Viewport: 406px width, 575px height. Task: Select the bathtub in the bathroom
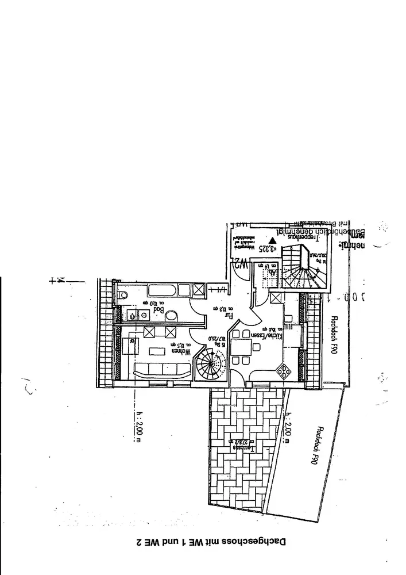tap(163, 290)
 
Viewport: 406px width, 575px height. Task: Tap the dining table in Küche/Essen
tap(241, 350)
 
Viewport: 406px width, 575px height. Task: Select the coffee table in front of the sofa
tap(156, 352)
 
